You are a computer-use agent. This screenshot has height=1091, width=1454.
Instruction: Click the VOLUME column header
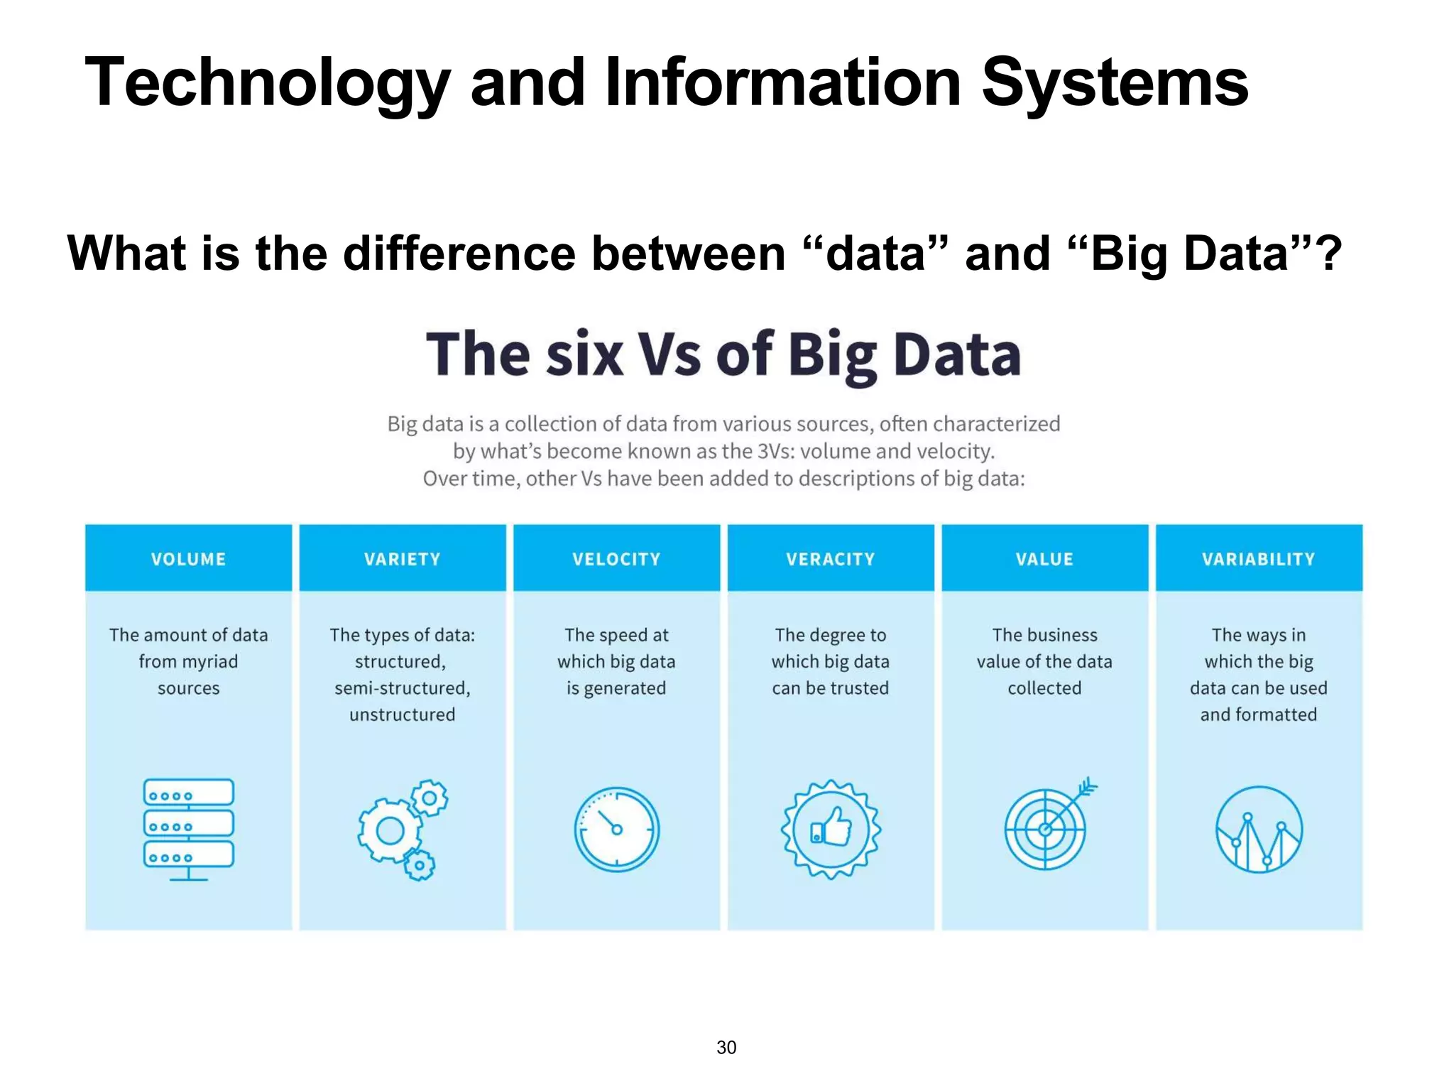188,559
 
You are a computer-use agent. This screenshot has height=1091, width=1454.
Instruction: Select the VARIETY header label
402,559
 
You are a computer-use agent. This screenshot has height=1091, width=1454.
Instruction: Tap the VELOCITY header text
616,559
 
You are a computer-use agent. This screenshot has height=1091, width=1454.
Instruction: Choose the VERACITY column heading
830,559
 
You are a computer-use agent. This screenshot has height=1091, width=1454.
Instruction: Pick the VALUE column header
1044,559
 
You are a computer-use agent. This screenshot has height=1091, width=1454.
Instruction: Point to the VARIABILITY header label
1258,559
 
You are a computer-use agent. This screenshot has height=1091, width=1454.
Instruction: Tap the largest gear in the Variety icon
390,830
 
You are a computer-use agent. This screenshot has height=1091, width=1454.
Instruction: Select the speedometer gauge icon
616,829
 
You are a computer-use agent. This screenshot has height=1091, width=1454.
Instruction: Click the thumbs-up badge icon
831,829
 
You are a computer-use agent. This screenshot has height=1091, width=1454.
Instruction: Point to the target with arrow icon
1047,827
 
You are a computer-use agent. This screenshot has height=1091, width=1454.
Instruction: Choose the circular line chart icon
1259,829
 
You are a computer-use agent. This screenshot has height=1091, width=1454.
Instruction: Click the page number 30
726,1047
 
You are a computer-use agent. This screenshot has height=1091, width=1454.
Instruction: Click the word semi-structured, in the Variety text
402,688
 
